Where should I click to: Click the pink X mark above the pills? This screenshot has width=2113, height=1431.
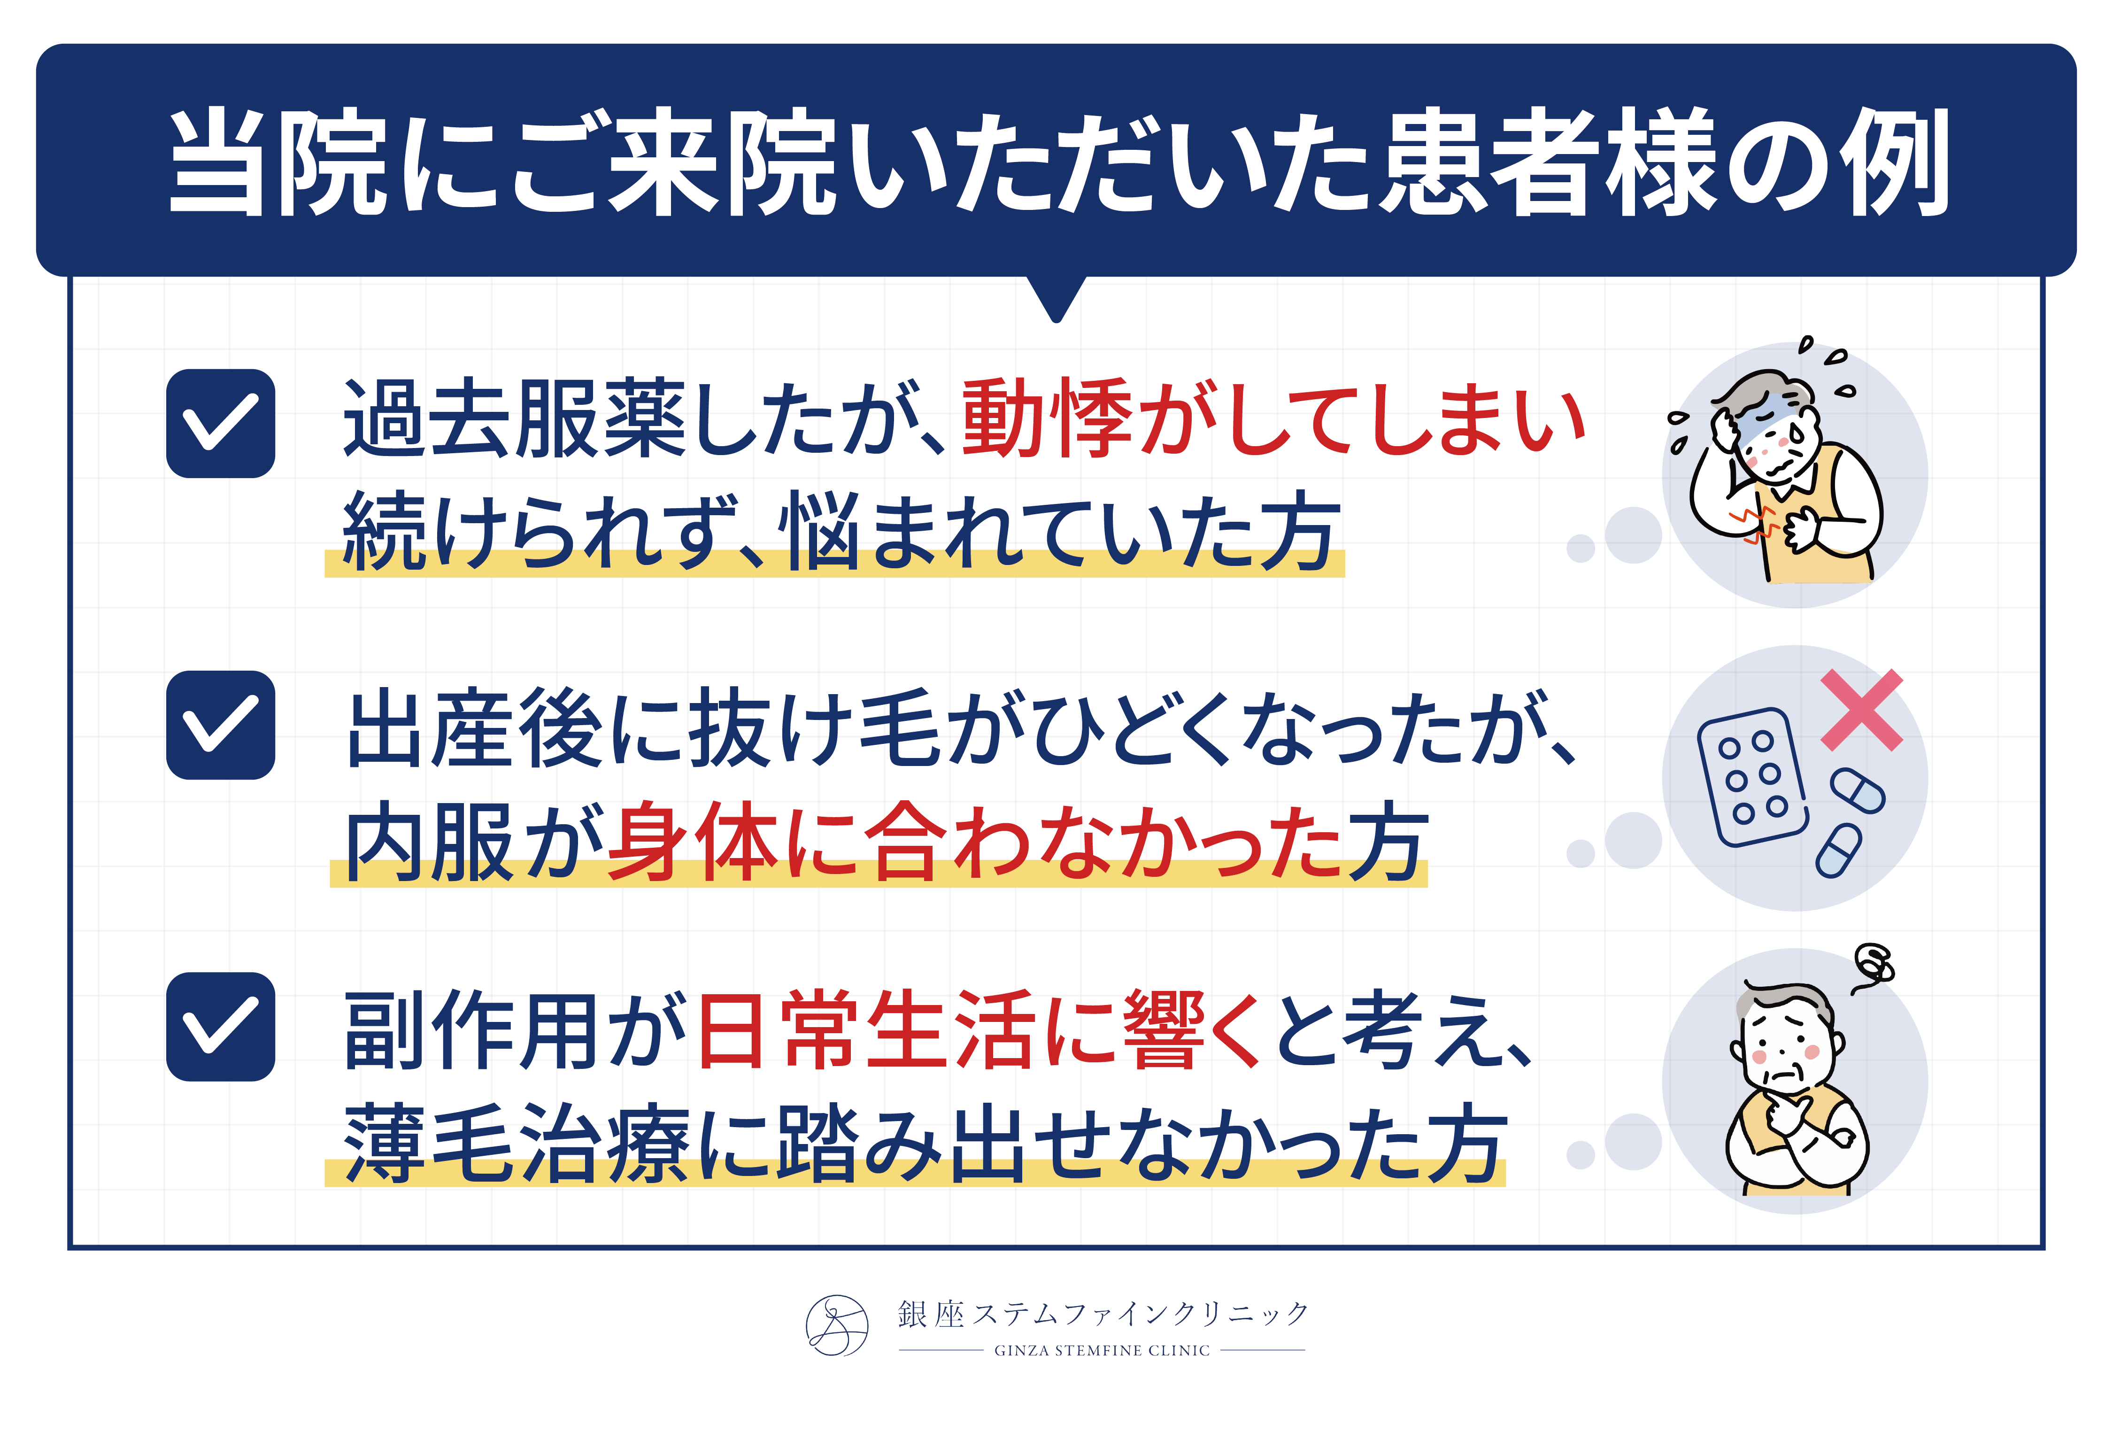click(1861, 710)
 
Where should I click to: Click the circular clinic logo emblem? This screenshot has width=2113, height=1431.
click(836, 1325)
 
